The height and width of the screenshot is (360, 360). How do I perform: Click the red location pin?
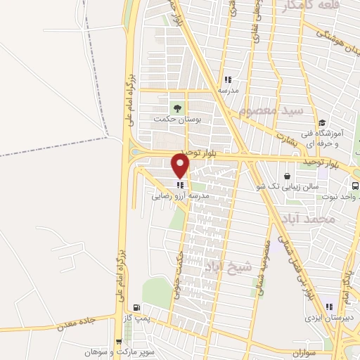[181, 165]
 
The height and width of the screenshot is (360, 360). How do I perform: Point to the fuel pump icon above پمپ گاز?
[136, 308]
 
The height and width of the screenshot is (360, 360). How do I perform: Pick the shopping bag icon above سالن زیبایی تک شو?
[287, 176]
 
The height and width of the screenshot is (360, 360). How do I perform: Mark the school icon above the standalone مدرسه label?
[227, 79]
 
